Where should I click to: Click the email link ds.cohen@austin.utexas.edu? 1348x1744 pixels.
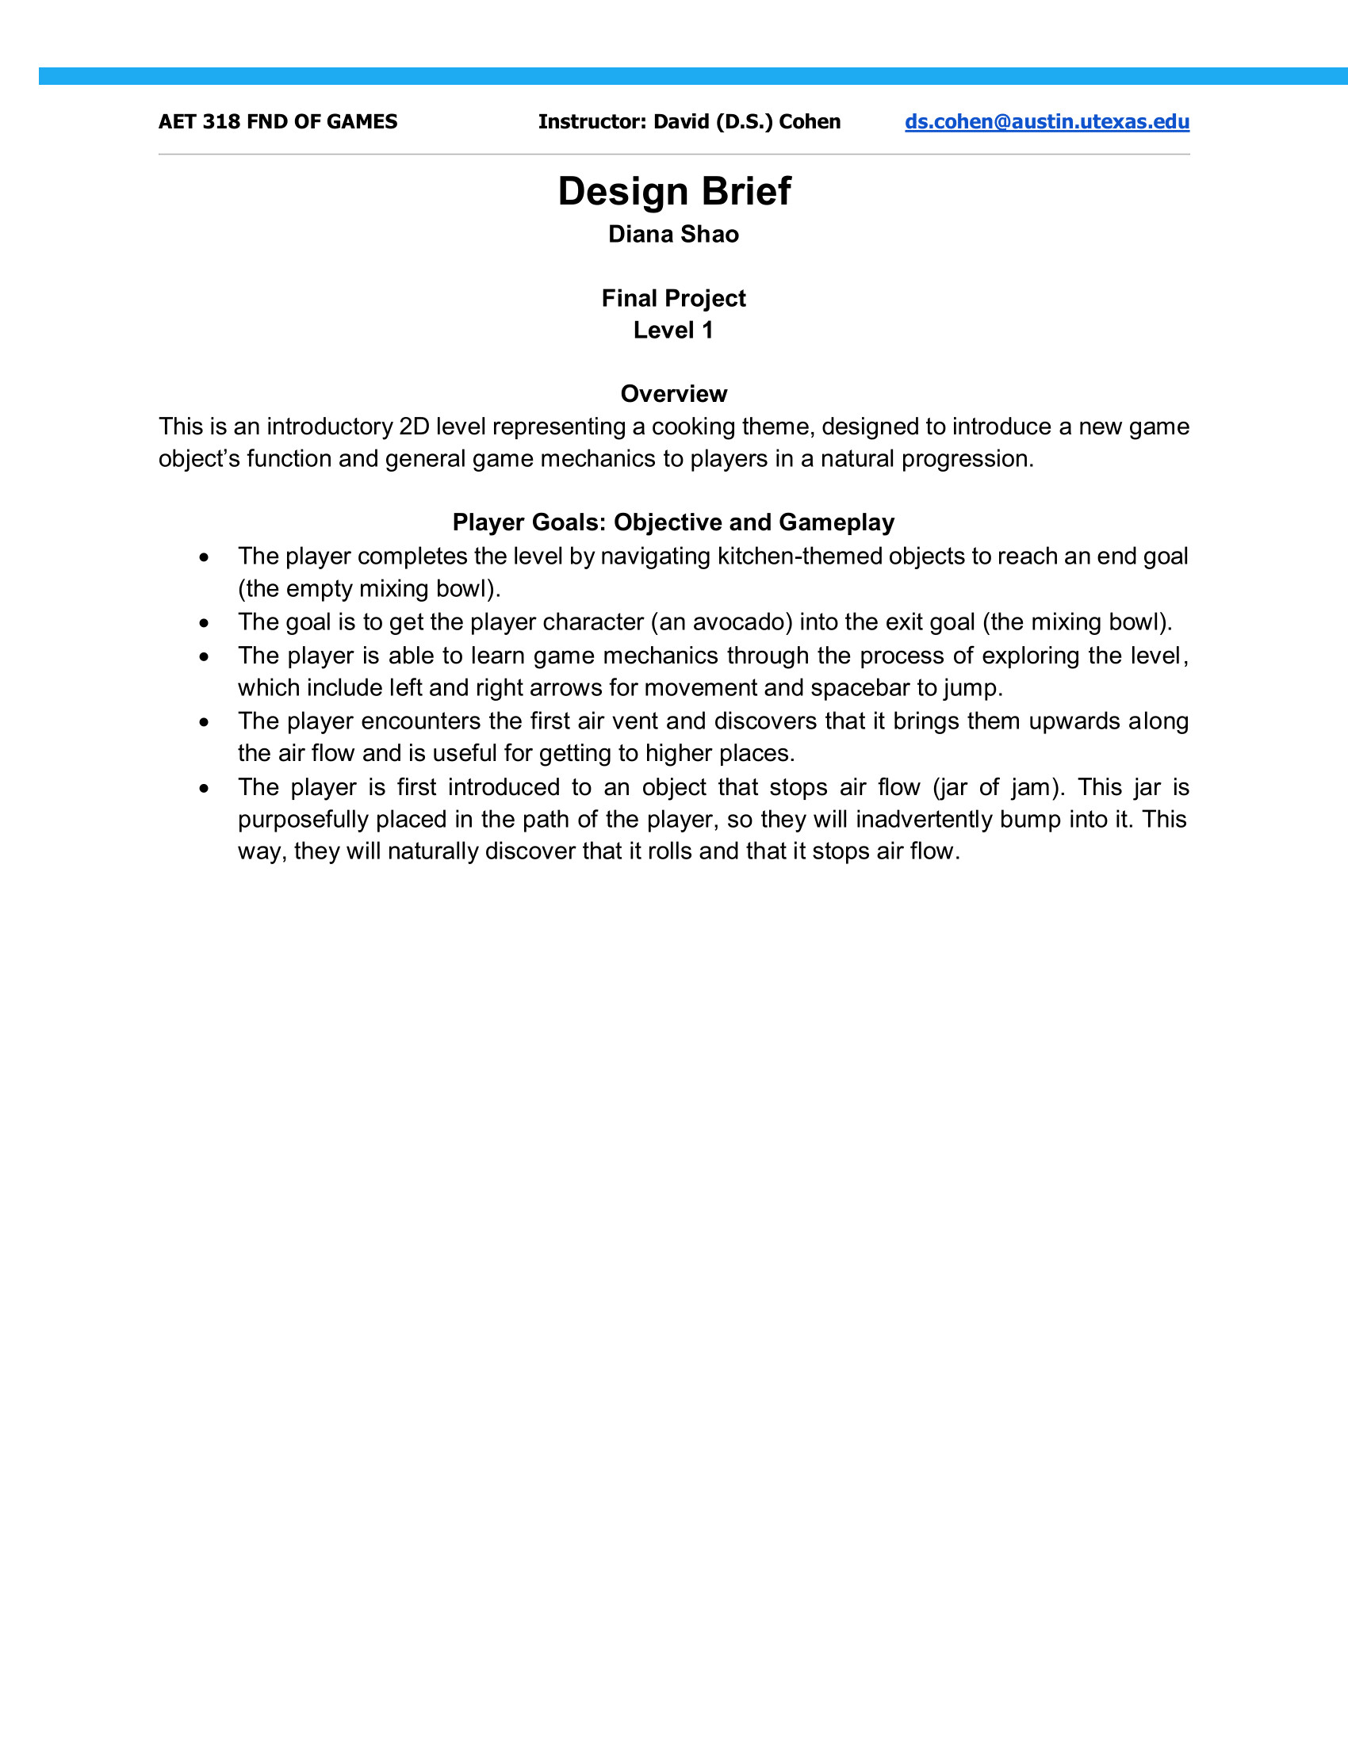1046,121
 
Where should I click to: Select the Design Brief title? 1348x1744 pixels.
674,191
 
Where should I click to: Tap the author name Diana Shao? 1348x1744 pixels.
673,234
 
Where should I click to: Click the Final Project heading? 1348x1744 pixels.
673,298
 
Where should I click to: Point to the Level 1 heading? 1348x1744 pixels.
673,330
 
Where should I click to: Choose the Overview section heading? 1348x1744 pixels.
673,394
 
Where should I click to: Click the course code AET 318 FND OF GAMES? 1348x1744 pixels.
278,121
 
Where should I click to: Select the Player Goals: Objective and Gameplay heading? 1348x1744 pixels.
673,522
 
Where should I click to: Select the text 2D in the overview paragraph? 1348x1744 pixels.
414,426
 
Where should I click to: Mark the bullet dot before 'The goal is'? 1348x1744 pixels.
205,623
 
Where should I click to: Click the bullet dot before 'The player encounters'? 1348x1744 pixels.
205,722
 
